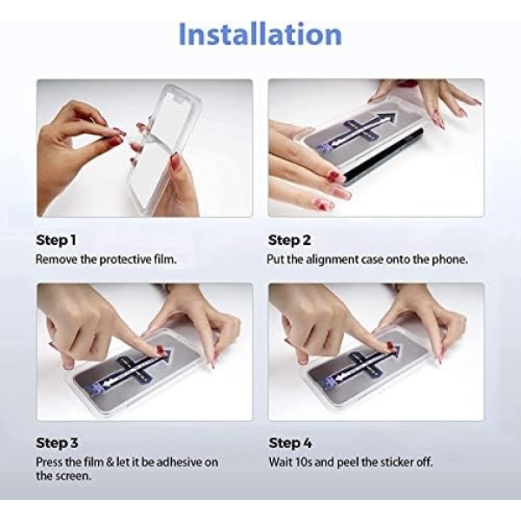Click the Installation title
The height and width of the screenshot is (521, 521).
click(x=260, y=34)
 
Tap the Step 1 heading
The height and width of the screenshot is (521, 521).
click(x=56, y=240)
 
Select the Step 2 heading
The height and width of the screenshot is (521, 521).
click(x=289, y=240)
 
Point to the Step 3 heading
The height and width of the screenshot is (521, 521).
click(x=56, y=443)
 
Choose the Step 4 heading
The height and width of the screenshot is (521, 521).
click(x=290, y=443)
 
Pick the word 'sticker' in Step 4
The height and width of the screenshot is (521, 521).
click(x=395, y=462)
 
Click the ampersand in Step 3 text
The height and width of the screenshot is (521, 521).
click(x=110, y=462)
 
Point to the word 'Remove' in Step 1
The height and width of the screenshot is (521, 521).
click(x=56, y=260)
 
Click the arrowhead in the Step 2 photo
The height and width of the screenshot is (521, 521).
click(x=387, y=118)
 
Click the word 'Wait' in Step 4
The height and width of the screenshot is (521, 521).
click(x=280, y=462)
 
